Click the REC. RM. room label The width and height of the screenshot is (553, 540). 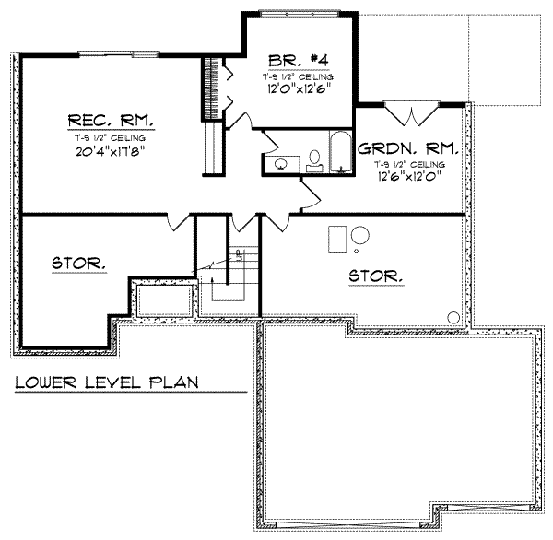coord(111,121)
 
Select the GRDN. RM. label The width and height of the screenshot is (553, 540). coord(410,147)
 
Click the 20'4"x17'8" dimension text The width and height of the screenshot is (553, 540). coord(111,150)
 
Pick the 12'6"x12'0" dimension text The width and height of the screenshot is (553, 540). coord(410,176)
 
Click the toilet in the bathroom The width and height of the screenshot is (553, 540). coord(314,160)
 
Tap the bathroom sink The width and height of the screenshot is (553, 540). coord(280,164)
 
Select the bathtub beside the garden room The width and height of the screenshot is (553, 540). coord(340,153)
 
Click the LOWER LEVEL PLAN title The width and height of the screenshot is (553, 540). coord(108,382)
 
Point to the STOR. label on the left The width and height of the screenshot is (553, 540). coord(78,264)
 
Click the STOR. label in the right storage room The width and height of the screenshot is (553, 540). coord(375,275)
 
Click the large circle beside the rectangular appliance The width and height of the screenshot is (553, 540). coord(359,234)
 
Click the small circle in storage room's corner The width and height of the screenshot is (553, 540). coord(453,317)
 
